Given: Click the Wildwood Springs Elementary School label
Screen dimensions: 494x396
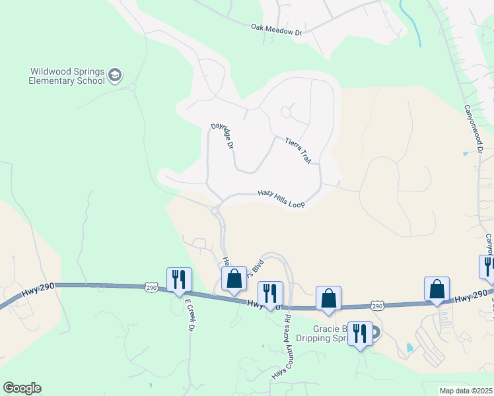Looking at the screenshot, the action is tap(67, 76).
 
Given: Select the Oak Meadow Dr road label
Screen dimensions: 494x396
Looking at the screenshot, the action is tap(276, 29).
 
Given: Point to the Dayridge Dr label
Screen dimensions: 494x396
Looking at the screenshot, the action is tap(223, 135).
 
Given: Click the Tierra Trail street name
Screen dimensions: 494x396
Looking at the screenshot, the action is tap(298, 150).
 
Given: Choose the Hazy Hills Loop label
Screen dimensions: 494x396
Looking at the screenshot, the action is tap(281, 199).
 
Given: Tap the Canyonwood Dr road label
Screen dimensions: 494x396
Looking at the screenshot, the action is tap(474, 129).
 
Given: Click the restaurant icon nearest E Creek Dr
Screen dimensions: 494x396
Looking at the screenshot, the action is tap(179, 279).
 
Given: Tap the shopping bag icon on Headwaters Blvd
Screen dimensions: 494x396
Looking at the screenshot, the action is tap(233, 279).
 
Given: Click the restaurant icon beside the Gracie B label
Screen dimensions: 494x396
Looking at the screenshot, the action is tap(359, 333).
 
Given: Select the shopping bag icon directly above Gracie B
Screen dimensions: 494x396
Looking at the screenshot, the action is tap(328, 298).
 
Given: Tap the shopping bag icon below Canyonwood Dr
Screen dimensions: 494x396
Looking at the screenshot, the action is tap(437, 288).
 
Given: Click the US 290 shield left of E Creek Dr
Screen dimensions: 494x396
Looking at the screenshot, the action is tap(152, 287).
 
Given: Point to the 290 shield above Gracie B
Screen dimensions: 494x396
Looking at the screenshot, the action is tap(376, 306).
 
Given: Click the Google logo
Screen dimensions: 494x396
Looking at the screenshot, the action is tap(22, 388).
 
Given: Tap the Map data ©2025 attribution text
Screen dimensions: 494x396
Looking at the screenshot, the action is tap(466, 391).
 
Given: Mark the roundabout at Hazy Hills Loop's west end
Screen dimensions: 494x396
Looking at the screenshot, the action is tap(216, 211).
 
